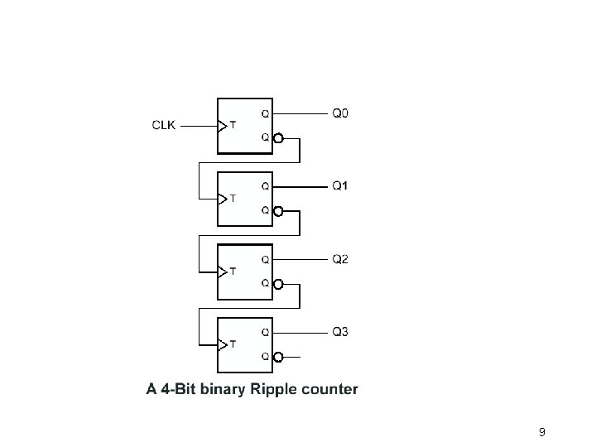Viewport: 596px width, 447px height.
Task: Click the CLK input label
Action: point(163,126)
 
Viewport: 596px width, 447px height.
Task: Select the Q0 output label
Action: point(340,112)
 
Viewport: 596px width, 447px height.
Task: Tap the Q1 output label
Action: point(340,185)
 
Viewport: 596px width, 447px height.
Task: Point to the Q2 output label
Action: point(340,259)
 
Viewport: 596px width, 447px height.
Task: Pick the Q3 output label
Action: point(340,332)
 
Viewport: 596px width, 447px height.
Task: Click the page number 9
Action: point(541,432)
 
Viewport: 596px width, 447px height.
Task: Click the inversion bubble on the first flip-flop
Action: point(278,139)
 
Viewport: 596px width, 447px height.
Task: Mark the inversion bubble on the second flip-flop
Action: point(278,212)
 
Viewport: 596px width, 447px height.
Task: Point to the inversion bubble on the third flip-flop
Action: point(278,285)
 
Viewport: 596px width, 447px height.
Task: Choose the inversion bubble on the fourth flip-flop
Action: point(278,358)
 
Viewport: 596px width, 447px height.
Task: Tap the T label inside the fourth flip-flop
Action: point(232,344)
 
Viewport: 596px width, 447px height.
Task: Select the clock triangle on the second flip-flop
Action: point(221,199)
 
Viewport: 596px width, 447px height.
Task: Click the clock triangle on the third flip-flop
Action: point(221,272)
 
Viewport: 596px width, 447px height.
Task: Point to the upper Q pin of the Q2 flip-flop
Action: point(265,259)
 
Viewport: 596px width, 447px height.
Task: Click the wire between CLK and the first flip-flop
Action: point(198,127)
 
